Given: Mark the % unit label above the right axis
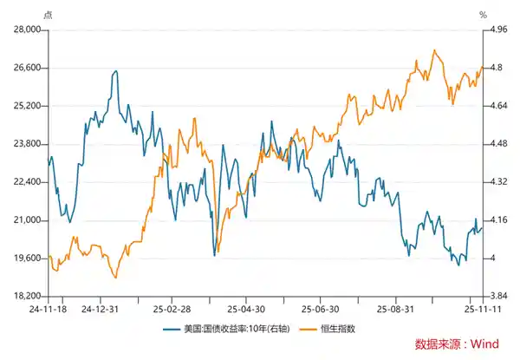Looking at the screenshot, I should click(x=484, y=15).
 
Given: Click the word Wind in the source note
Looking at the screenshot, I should click(x=483, y=344).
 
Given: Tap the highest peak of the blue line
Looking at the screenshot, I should click(x=114, y=71).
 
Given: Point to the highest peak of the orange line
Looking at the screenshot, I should click(x=433, y=50).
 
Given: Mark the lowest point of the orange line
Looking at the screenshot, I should click(x=115, y=278).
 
